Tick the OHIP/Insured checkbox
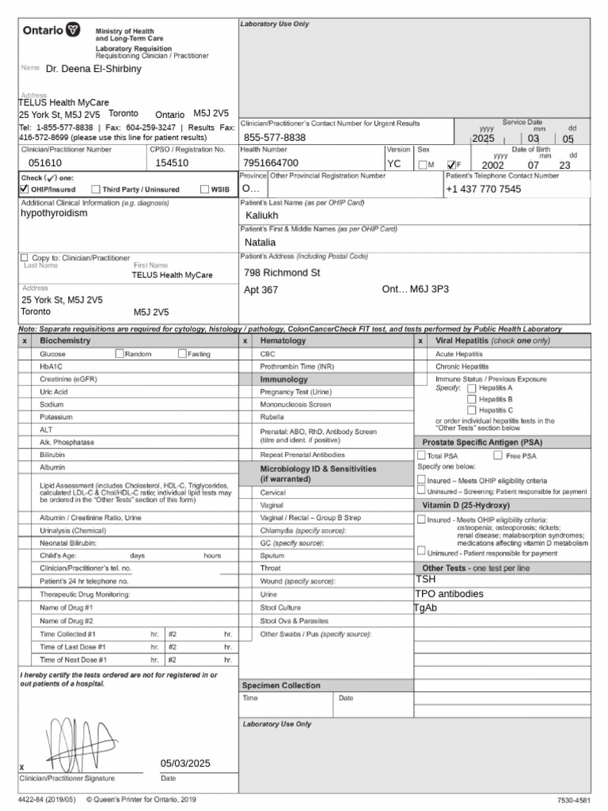click(x=24, y=189)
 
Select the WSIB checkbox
click(x=204, y=189)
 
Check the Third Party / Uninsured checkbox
click(x=96, y=189)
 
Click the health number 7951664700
click(x=271, y=163)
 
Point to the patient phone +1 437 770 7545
click(x=483, y=189)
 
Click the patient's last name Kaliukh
click(x=262, y=215)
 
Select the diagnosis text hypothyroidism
click(x=54, y=214)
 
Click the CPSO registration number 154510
click(x=172, y=163)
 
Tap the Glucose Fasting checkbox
click(x=182, y=354)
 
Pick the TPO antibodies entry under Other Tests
click(x=449, y=594)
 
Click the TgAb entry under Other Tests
click(x=426, y=608)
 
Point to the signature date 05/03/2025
click(x=185, y=763)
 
